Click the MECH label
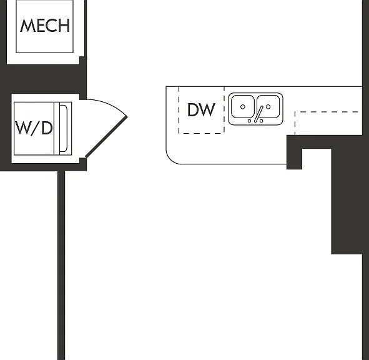(x=45, y=26)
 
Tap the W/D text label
(x=34, y=128)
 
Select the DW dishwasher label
(x=201, y=110)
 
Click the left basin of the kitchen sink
(x=243, y=106)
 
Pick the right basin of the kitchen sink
(x=268, y=106)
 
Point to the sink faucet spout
(x=258, y=114)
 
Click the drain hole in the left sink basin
(x=243, y=107)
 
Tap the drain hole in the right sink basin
(x=268, y=107)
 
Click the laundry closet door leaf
(x=106, y=137)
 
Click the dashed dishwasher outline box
(x=202, y=110)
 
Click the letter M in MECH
(x=26, y=26)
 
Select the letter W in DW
(x=208, y=110)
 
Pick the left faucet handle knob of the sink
(x=250, y=121)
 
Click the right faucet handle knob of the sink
(x=261, y=121)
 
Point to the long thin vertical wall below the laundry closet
(x=61, y=265)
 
